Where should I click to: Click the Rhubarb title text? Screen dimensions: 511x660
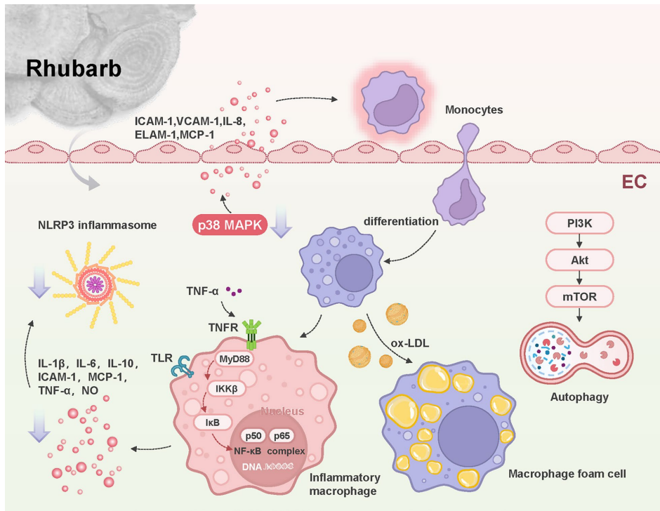click(x=74, y=69)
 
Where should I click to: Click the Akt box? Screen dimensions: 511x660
click(x=579, y=260)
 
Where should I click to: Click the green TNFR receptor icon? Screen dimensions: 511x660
click(x=250, y=332)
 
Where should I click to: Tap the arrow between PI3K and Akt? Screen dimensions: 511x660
click(x=579, y=242)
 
